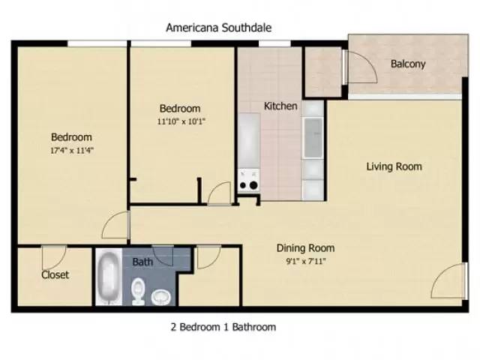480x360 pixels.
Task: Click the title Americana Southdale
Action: tap(218, 28)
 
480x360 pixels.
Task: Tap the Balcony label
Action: tap(408, 64)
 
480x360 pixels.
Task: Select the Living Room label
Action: tap(394, 166)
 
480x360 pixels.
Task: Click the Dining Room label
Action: tap(305, 248)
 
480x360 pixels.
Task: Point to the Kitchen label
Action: tap(280, 106)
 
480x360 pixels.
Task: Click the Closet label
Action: tap(55, 274)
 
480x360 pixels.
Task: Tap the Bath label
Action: tap(142, 262)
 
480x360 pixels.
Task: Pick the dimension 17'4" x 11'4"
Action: tap(72, 150)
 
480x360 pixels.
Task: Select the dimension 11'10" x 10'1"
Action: tap(181, 121)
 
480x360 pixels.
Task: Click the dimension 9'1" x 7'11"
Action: tap(305, 261)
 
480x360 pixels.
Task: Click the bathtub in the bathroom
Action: tap(109, 277)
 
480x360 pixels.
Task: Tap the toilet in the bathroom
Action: tap(139, 291)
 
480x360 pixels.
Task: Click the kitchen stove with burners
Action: tap(248, 180)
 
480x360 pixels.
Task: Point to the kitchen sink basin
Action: tap(313, 138)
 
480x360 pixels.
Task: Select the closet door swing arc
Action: tap(52, 255)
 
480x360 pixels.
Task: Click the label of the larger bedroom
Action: tap(71, 137)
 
